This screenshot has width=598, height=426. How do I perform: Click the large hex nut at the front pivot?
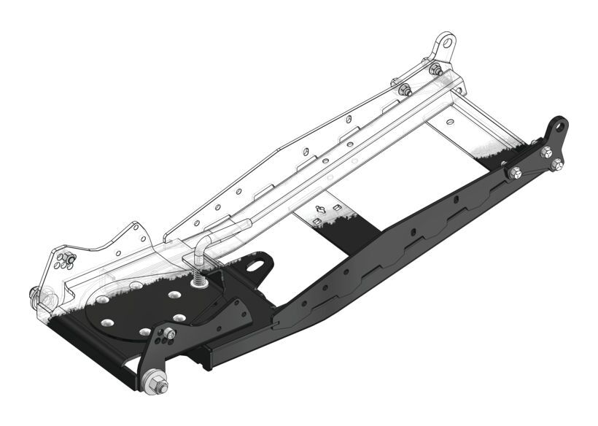(155, 383)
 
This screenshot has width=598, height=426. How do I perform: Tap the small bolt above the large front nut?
(168, 333)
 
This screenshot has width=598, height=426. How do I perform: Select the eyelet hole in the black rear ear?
(559, 127)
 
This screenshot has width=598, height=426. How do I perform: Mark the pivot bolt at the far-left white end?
(36, 294)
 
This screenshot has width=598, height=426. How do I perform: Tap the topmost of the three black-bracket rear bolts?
(545, 152)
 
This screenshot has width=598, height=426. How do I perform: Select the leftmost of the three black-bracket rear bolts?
(515, 173)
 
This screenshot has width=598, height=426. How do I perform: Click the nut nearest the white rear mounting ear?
(435, 69)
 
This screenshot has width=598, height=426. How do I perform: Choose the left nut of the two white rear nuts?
(403, 90)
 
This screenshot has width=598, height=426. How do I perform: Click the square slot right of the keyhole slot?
(335, 208)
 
